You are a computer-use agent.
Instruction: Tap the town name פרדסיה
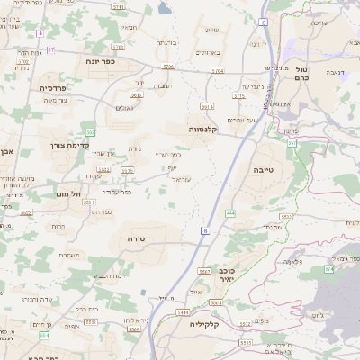pos(53,88)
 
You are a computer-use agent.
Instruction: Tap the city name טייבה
pos(286,168)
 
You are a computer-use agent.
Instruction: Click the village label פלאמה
pos(292,261)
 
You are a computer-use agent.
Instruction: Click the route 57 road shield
pos(51,49)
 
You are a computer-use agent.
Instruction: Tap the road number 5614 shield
pos(207,107)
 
